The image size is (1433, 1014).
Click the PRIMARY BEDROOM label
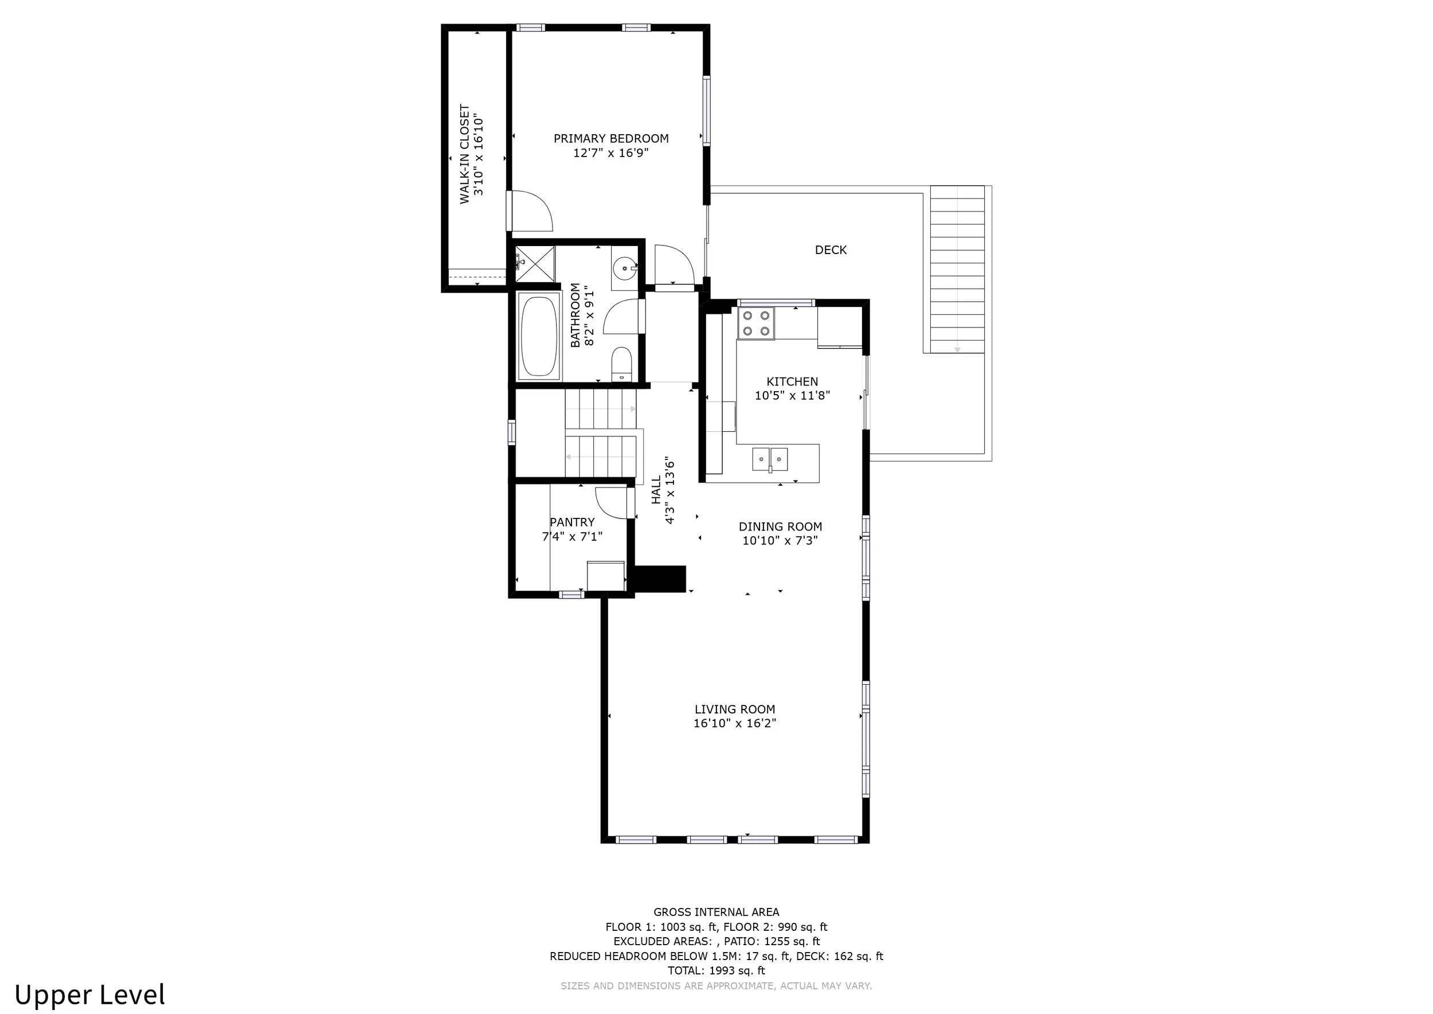pos(611,139)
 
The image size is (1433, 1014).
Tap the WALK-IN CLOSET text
pos(465,154)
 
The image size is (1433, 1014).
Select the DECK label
pos(831,249)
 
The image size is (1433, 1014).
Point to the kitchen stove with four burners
pos(756,323)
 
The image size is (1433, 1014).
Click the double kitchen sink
pos(770,459)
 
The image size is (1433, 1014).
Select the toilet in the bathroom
pos(621,364)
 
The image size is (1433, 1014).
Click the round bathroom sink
pos(625,268)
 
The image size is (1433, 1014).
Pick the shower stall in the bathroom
pos(535,265)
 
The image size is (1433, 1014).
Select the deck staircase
pos(957,269)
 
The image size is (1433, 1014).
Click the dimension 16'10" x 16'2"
pos(735,724)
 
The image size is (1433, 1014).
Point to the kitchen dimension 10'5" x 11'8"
pos(793,395)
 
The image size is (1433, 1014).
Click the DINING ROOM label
pos(780,527)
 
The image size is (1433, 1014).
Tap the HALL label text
pos(656,490)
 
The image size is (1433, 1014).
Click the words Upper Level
pos(90,995)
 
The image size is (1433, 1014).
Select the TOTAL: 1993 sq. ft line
pos(716,971)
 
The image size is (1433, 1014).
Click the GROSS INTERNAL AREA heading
pos(716,912)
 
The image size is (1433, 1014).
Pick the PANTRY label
pos(572,522)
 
